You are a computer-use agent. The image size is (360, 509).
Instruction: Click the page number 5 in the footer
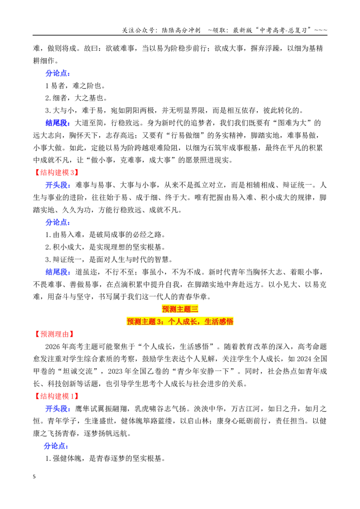coord(34,477)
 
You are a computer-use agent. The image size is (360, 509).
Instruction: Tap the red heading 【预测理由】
coord(54,334)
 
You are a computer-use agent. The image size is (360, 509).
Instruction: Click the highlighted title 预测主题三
coord(180,309)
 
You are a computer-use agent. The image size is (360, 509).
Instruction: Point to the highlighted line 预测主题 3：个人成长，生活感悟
coord(180,321)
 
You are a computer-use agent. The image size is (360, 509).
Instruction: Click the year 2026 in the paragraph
coord(52,346)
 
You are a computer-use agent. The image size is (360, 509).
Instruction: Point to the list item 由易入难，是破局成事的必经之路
coord(105,235)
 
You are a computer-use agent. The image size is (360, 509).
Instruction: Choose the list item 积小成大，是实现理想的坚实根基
coord(105,247)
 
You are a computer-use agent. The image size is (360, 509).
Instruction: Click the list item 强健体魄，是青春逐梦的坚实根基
coord(105,458)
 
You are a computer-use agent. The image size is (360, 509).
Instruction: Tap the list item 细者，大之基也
coord(76,98)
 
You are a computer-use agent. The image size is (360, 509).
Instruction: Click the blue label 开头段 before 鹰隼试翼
coord(58,408)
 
